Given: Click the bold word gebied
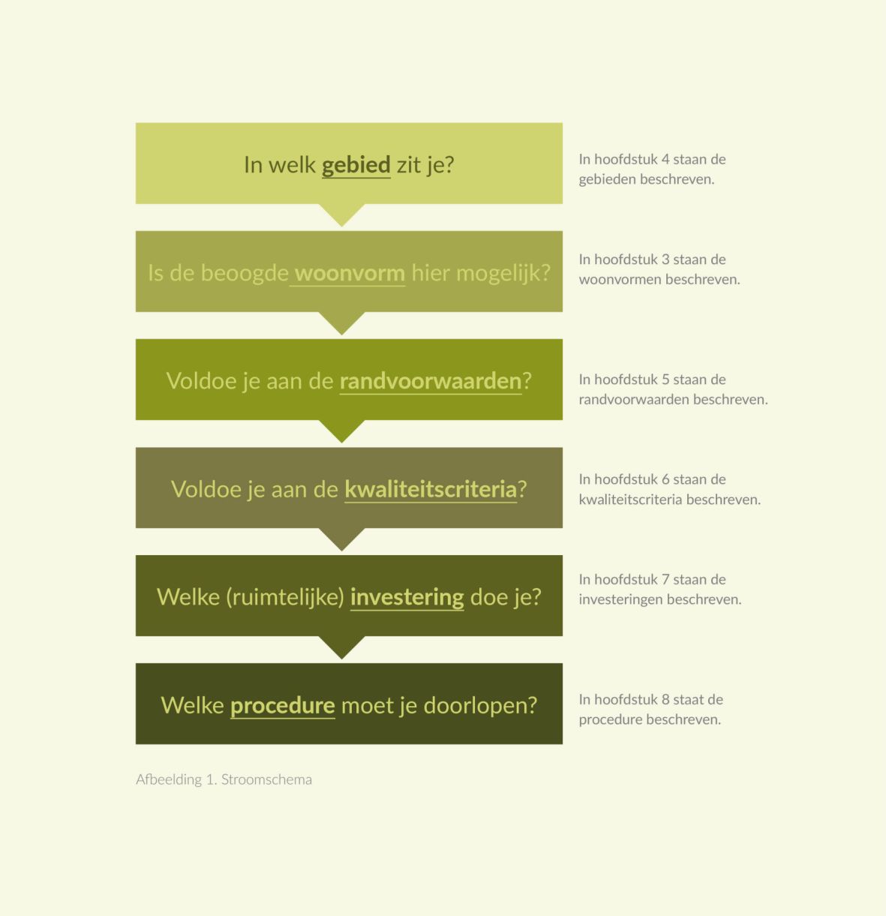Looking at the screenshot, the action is pos(356,165).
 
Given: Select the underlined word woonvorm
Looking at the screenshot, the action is pos(350,273).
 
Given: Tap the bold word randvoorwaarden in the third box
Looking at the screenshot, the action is pos(431,381).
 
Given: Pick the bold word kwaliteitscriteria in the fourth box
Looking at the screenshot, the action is pos(431,489).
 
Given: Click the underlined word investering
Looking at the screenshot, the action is pos(407,598).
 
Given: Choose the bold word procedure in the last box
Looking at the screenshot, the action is pos(283,706).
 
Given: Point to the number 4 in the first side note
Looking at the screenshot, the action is pos(665,159).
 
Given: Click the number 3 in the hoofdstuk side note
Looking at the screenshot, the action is pos(665,260).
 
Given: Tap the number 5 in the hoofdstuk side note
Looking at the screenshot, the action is pos(665,380).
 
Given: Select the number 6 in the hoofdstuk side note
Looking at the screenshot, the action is pos(665,479).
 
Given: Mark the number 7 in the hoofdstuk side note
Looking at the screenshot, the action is pos(665,579).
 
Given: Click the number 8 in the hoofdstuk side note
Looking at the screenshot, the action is pos(665,699).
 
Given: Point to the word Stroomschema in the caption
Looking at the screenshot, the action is pos(266,779).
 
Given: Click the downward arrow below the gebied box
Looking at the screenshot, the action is pos(342,215).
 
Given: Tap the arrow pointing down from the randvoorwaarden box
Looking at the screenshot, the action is pos(342,431).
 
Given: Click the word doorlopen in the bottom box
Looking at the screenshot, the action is pos(480,706).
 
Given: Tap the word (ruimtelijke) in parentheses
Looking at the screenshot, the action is pos(285,598).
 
